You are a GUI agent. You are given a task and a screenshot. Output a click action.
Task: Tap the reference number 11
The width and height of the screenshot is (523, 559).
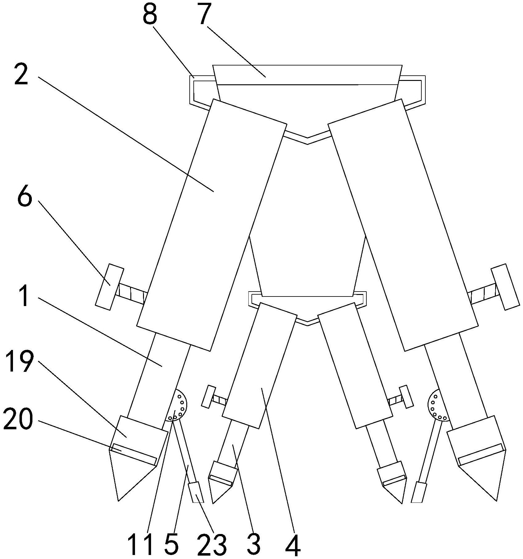(x=141, y=542)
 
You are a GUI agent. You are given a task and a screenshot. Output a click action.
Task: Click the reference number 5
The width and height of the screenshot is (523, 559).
(x=171, y=542)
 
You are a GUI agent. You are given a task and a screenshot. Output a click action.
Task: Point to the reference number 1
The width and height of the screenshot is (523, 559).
(x=22, y=296)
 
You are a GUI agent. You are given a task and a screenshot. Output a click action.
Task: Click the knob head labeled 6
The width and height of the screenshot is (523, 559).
(x=110, y=286)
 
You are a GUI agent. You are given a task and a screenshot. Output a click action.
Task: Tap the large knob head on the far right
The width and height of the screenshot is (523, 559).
(x=505, y=286)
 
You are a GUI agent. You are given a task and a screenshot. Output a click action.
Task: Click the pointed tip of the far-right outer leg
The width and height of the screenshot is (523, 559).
(x=496, y=500)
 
